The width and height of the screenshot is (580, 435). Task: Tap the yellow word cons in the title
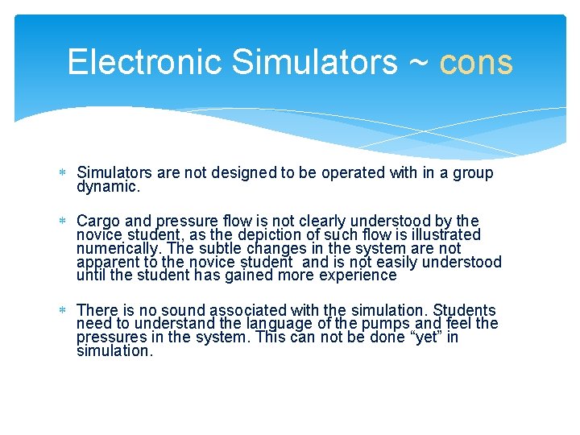tap(476, 62)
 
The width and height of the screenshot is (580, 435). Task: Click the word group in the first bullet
tap(470, 173)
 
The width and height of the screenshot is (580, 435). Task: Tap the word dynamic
tap(108, 187)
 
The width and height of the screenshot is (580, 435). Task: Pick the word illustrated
tap(441, 235)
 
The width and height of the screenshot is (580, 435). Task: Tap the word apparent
tap(106, 263)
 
